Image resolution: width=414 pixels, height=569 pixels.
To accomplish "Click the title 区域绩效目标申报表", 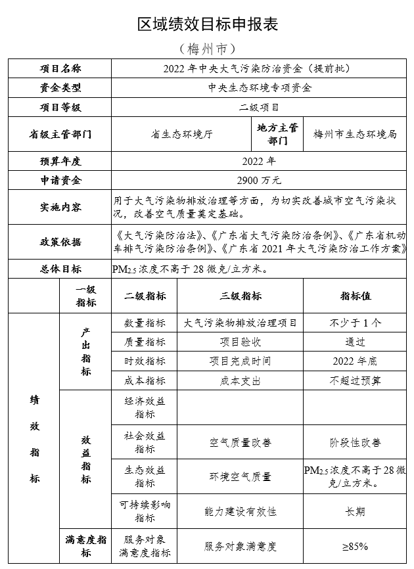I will pos(207,24).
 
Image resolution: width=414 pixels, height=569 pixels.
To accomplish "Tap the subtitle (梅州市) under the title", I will pos(207,49).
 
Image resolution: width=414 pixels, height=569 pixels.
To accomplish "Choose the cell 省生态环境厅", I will pos(181,134).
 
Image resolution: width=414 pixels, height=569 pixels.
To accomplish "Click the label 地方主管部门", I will pos(277,134).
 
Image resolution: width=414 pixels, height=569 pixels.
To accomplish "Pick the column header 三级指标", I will pos(241,296).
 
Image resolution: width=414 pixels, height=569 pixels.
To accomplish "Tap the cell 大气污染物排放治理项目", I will pos(241,323).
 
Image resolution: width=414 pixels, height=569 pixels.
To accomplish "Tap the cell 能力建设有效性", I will pos(241,511).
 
